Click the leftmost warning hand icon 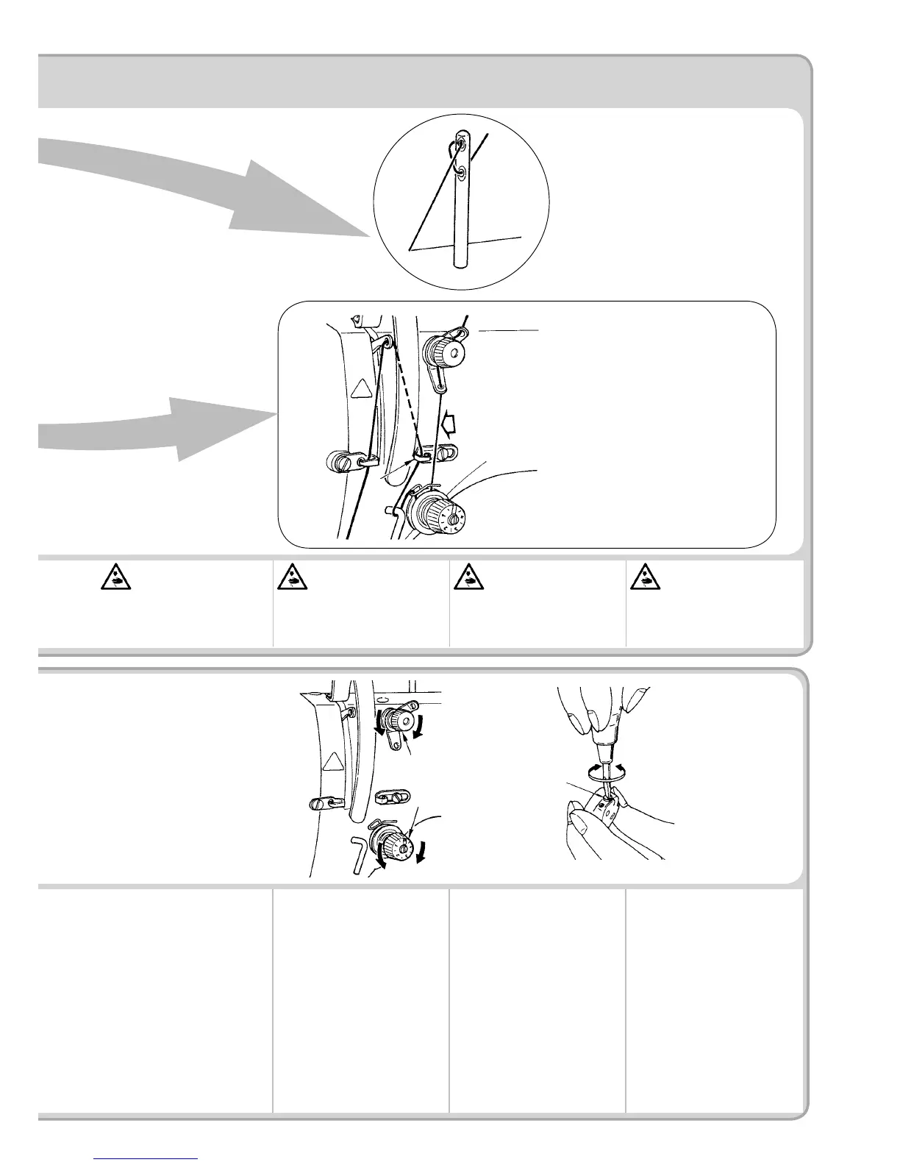tap(115, 578)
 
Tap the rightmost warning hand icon tap(646, 578)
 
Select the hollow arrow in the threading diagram tap(449, 424)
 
